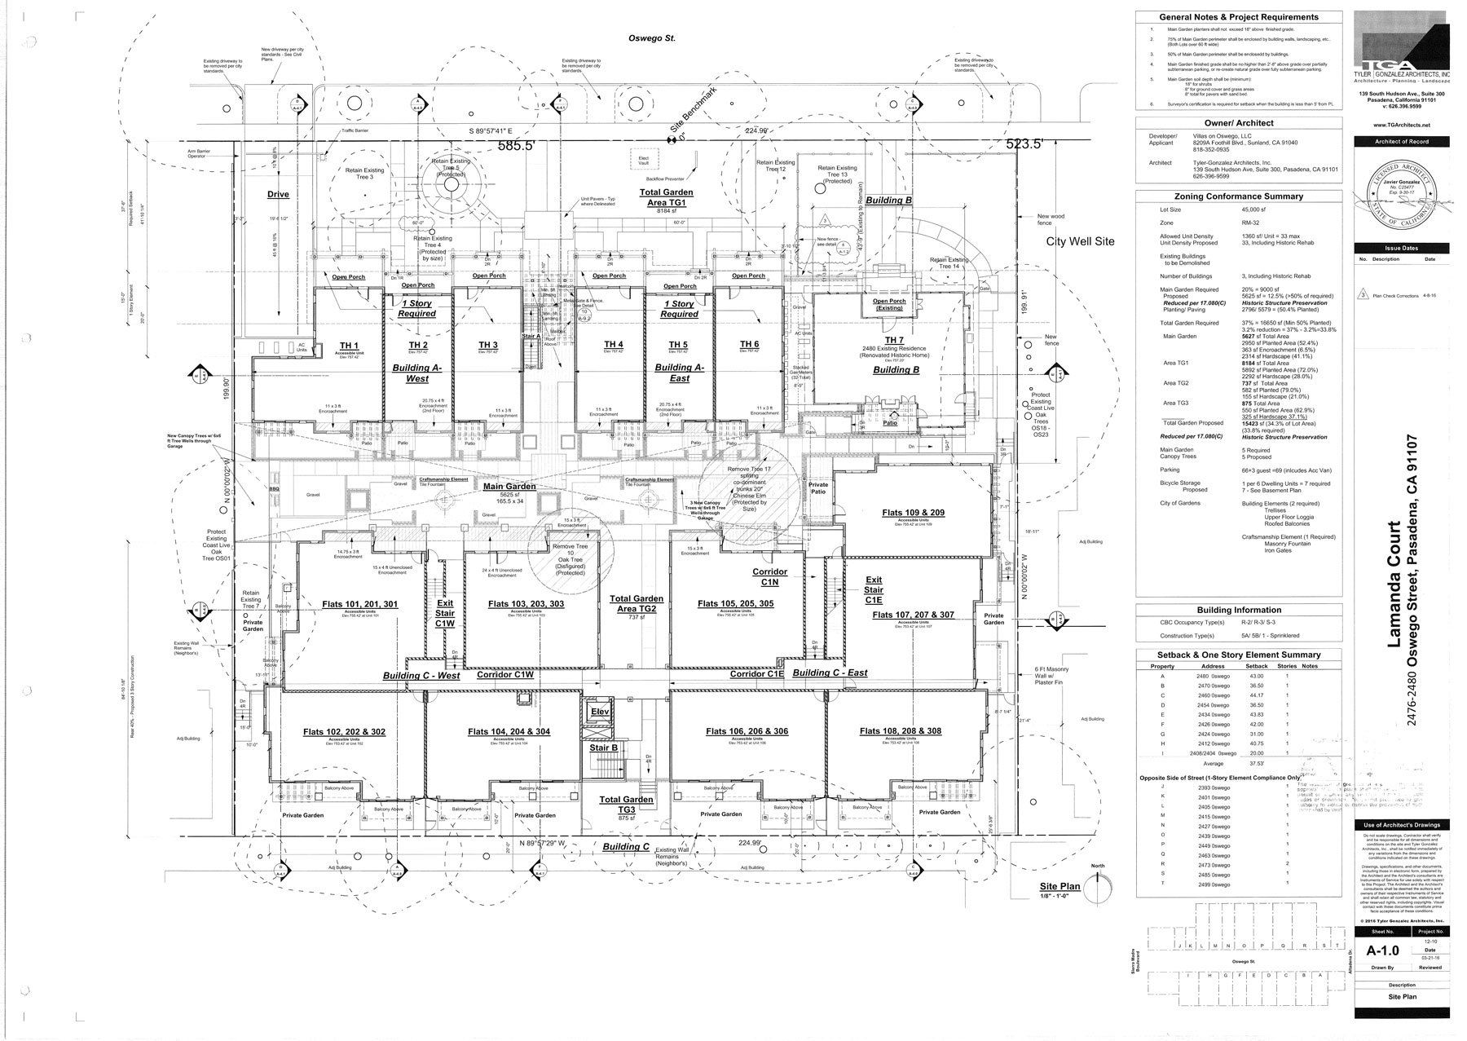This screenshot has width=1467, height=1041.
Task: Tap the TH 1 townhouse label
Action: click(350, 346)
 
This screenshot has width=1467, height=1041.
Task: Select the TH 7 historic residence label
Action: click(894, 340)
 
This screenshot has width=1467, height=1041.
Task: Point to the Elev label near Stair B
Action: click(599, 712)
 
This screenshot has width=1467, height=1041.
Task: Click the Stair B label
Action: click(603, 748)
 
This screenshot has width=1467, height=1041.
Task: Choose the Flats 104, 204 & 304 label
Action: click(509, 731)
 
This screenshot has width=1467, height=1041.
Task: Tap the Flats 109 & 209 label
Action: click(913, 513)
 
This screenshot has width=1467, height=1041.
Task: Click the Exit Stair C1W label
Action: click(444, 612)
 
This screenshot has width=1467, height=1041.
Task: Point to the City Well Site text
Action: click(1080, 241)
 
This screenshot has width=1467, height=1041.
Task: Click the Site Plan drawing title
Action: click(1059, 886)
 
